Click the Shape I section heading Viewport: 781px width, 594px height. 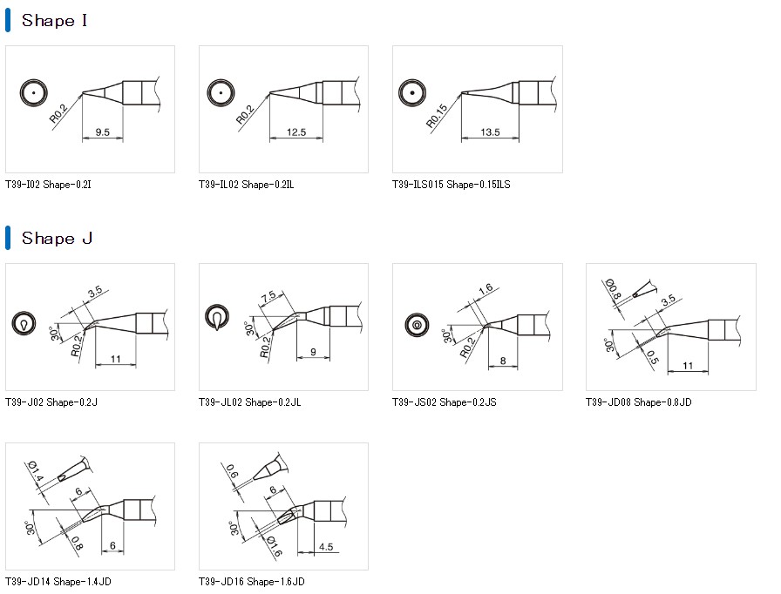tap(54, 21)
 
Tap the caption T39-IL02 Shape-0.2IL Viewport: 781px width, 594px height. tap(246, 185)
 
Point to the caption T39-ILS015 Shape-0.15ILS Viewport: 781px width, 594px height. tap(451, 185)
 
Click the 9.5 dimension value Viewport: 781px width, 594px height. tap(102, 132)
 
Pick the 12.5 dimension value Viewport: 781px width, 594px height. tap(296, 132)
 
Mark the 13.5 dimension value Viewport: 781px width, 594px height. tap(490, 132)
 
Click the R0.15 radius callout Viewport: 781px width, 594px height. tap(437, 117)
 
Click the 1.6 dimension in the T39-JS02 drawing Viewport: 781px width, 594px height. tap(486, 288)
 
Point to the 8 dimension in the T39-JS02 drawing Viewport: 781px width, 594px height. tap(503, 360)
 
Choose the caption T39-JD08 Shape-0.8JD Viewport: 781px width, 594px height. tap(638, 402)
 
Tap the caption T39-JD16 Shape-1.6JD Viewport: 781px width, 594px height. tap(251, 581)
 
